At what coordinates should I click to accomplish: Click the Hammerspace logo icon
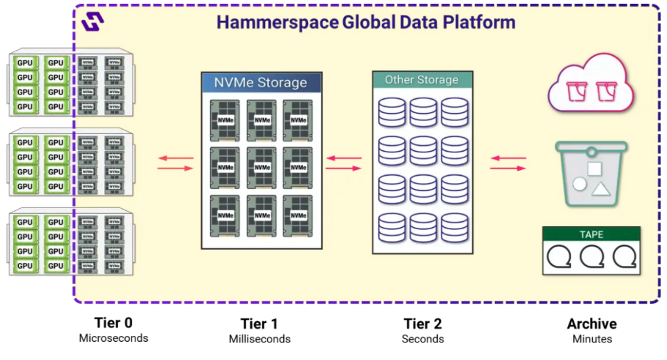click(93, 21)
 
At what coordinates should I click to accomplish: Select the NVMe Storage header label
click(261, 83)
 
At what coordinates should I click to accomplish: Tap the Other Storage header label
click(421, 80)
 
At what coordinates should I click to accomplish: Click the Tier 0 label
click(113, 322)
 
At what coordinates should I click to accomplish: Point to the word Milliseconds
click(259, 339)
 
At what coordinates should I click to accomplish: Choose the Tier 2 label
click(423, 323)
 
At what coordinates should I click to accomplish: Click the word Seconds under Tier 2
click(423, 339)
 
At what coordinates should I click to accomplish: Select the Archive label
click(591, 323)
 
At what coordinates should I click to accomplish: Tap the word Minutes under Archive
click(591, 339)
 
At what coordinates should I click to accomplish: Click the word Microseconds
click(113, 339)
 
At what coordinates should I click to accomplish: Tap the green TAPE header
click(591, 234)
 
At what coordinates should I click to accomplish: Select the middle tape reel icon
click(591, 258)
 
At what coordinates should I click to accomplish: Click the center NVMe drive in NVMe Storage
click(262, 167)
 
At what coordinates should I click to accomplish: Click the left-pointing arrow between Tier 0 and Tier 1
click(176, 158)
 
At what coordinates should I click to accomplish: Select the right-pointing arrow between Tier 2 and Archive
click(509, 168)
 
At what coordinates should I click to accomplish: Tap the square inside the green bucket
click(594, 169)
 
